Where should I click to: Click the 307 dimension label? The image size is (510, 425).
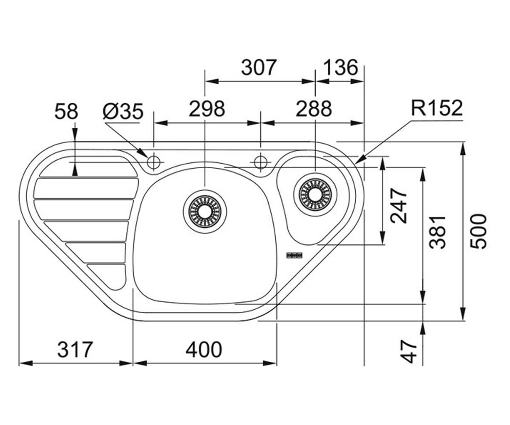point(259,67)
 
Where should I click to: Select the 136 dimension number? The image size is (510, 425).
point(341,67)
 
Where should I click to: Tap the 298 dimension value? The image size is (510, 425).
point(207,109)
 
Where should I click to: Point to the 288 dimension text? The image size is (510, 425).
point(314,109)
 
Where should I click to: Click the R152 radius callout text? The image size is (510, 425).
point(437,108)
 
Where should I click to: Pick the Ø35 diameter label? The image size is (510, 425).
point(123,111)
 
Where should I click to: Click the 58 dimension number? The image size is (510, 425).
point(66,111)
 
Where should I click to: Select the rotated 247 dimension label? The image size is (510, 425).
point(399,206)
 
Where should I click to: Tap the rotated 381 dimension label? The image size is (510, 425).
point(438,232)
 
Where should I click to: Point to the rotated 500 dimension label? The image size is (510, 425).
point(478,231)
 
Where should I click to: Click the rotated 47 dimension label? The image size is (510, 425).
point(408,352)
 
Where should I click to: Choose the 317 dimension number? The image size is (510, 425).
point(75,349)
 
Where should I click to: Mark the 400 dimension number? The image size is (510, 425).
point(204,349)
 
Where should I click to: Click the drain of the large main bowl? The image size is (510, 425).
point(205,211)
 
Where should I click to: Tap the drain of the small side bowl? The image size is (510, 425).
point(315,195)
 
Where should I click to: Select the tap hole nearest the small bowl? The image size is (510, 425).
point(261,162)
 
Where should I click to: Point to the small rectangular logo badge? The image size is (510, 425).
point(294,255)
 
